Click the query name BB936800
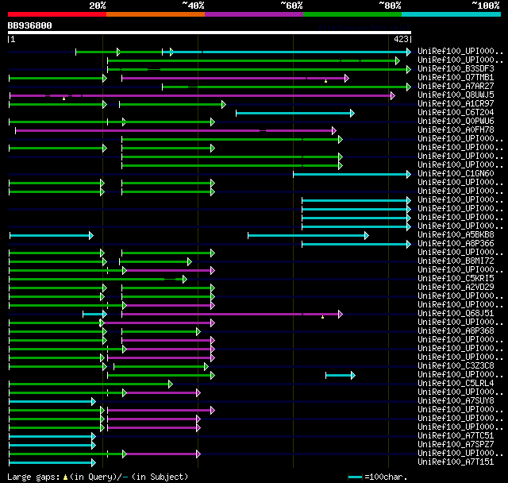click(30, 25)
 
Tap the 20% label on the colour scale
click(98, 6)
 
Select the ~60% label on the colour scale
click(291, 6)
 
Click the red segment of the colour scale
click(56, 14)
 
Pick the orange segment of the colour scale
click(155, 14)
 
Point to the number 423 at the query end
click(401, 38)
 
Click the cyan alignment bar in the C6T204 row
click(294, 113)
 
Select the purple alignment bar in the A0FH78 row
click(175, 130)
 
